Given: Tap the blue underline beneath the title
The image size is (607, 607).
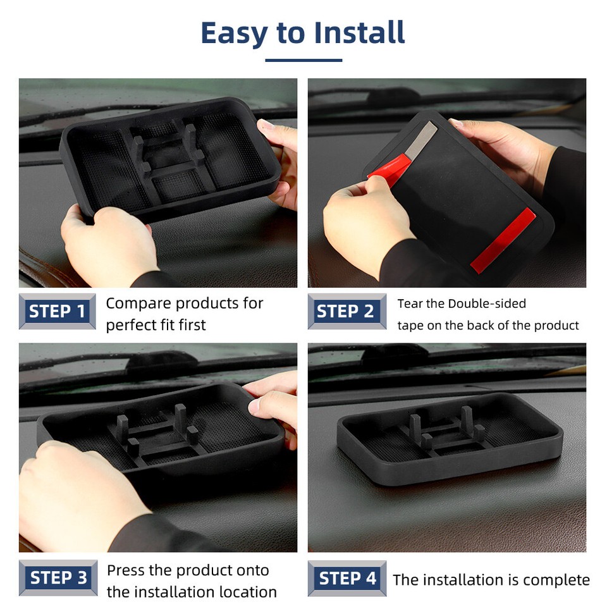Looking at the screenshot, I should coord(303,60).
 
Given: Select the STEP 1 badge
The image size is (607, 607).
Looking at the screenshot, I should coord(58,312).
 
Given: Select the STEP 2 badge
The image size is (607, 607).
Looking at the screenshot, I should coord(346,312).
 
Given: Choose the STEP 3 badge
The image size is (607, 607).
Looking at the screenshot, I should coord(58,578).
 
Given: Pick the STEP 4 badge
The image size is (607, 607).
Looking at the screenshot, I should coord(346,578).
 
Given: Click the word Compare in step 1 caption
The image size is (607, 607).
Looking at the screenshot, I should coord(138,303).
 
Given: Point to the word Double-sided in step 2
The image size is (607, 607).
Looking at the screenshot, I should coord(487,304).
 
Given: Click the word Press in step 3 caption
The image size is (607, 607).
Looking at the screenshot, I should coord(126,570).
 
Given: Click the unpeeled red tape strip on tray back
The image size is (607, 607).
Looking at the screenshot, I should coord(503,241).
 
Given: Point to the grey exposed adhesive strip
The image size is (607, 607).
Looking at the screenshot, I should coord(421,140).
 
